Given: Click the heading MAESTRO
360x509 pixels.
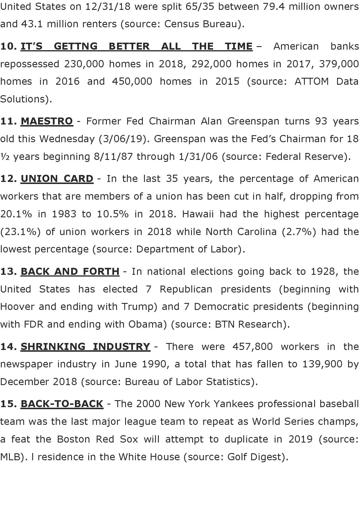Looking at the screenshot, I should click(x=46, y=121).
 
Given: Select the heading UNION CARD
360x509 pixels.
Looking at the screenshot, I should click(x=57, y=178).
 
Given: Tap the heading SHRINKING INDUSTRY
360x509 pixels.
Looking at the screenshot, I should click(x=85, y=346).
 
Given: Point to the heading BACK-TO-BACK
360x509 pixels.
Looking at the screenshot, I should click(x=62, y=404).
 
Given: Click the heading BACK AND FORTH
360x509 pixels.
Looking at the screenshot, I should click(x=70, y=271).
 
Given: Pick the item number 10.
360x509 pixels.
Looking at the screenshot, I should click(x=8, y=46).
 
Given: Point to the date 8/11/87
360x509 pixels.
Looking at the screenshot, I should click(x=113, y=157).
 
